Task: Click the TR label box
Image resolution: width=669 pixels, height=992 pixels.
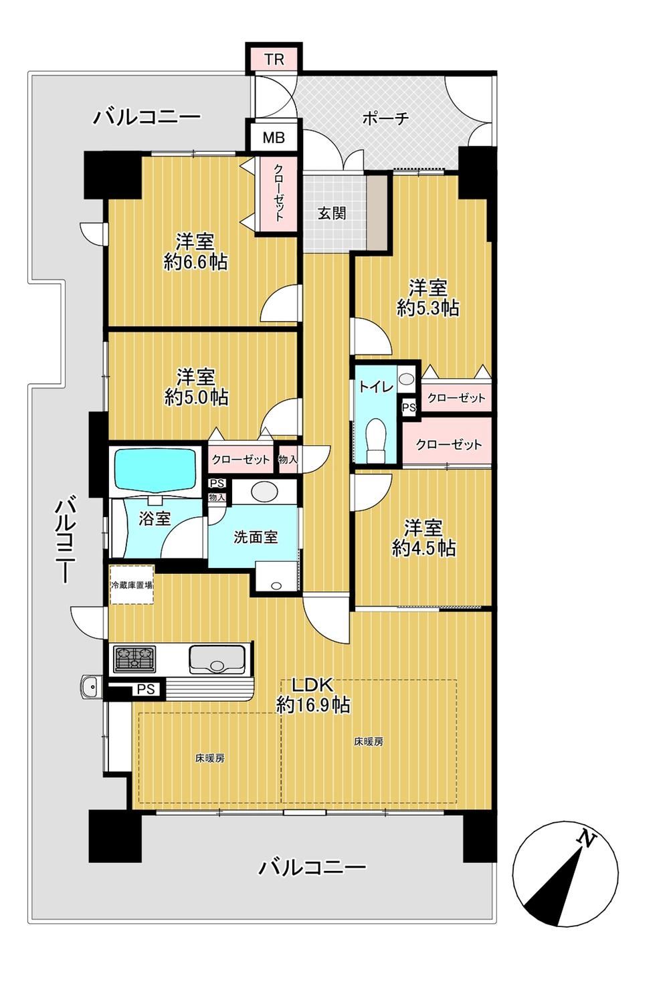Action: pyautogui.click(x=274, y=59)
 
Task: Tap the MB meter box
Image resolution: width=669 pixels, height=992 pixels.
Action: pyautogui.click(x=274, y=138)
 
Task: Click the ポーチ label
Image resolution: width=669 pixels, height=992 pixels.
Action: pyautogui.click(x=385, y=118)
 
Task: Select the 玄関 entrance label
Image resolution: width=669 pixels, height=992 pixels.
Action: pyautogui.click(x=332, y=214)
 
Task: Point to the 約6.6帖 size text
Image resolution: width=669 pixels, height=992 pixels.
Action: pyautogui.click(x=196, y=263)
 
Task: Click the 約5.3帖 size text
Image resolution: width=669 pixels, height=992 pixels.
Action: pyautogui.click(x=428, y=308)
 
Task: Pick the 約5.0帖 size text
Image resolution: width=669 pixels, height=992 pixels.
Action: pyautogui.click(x=196, y=397)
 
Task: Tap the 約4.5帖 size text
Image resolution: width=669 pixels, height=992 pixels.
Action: pyautogui.click(x=424, y=549)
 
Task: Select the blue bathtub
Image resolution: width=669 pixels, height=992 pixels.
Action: pyautogui.click(x=155, y=468)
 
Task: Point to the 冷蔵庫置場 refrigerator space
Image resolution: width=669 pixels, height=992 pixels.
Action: pyautogui.click(x=132, y=585)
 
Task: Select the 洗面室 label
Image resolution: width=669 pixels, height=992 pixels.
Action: pyautogui.click(x=256, y=537)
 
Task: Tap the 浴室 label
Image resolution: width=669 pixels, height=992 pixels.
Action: pyautogui.click(x=155, y=518)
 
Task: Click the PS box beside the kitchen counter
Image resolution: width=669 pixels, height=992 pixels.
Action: pyautogui.click(x=146, y=690)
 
